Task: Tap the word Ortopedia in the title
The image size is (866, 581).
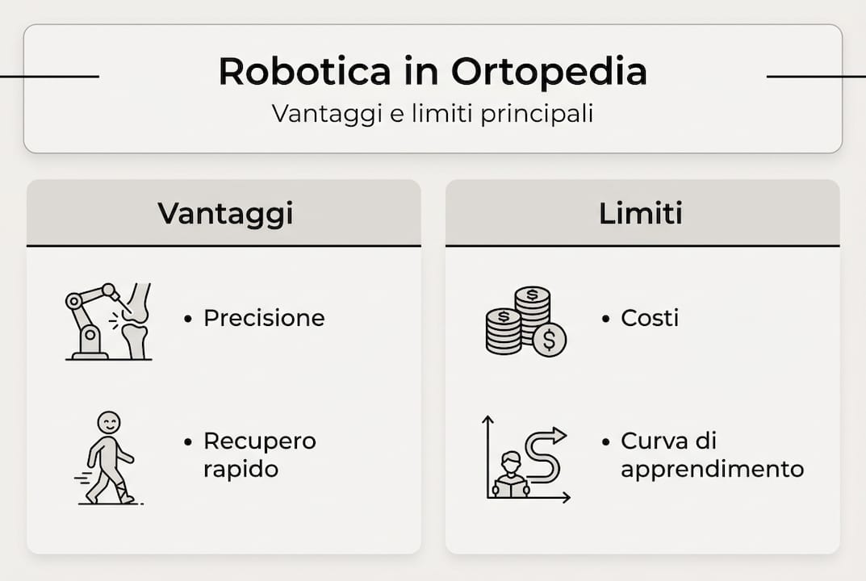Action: tap(549, 73)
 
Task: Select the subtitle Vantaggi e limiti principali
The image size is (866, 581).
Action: tap(433, 113)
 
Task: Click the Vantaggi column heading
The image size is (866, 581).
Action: tap(225, 213)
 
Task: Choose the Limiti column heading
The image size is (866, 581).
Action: tap(641, 213)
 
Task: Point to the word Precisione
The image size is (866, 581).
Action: tap(264, 318)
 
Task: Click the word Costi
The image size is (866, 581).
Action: tap(650, 318)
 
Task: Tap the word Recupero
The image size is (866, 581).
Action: tap(260, 441)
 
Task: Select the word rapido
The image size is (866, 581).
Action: tap(241, 469)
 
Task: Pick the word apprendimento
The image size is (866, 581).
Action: tap(713, 469)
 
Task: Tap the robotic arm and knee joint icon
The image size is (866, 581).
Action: tap(108, 321)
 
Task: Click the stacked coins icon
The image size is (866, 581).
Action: tap(525, 320)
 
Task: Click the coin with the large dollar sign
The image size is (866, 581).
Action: tap(550, 340)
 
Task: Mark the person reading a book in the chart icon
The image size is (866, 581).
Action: tap(511, 475)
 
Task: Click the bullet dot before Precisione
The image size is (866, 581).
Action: tap(188, 319)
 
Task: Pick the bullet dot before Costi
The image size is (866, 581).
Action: tap(605, 319)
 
